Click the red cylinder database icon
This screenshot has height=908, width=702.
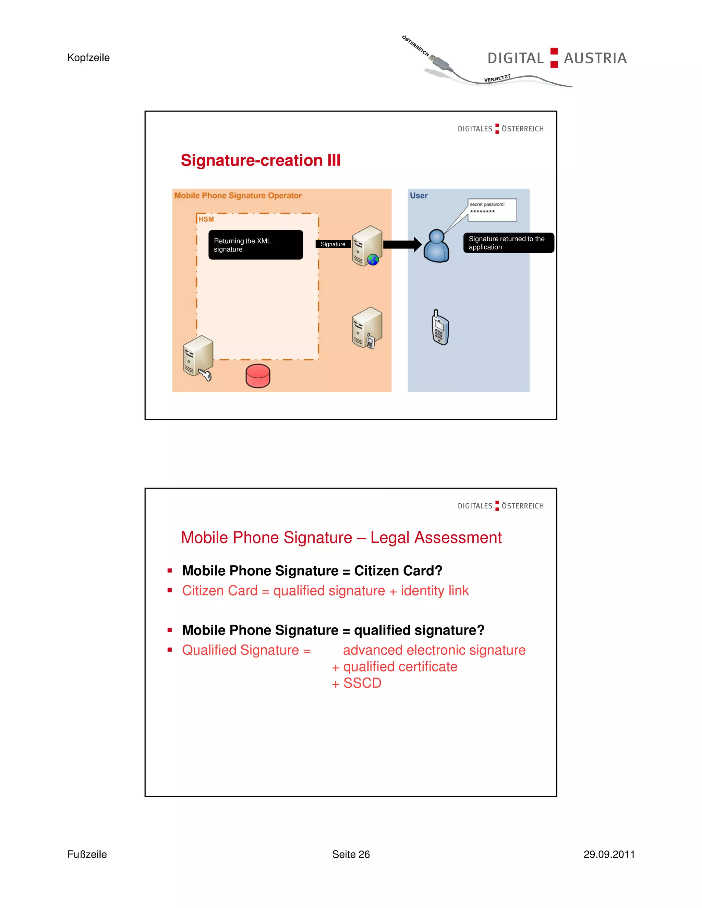click(x=258, y=376)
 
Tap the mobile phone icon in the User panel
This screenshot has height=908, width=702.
click(x=440, y=328)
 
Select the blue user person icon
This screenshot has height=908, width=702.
click(x=436, y=246)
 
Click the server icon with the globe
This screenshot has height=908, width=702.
click(x=367, y=246)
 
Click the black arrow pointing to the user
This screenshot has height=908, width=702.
click(x=402, y=244)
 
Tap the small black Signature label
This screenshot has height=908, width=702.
click(x=333, y=244)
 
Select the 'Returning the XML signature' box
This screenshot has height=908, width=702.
click(x=255, y=245)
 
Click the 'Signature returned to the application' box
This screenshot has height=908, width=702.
click(x=508, y=243)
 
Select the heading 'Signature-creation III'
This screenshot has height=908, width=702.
click(x=261, y=160)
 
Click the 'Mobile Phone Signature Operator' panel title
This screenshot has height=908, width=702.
click(x=238, y=195)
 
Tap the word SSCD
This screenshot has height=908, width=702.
click(x=362, y=683)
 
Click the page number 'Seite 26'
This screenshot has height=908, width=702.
click(x=351, y=854)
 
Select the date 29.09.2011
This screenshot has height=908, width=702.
click(x=609, y=854)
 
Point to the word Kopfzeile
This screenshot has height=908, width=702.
click(x=88, y=58)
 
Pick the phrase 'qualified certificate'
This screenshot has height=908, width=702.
click(x=400, y=667)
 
